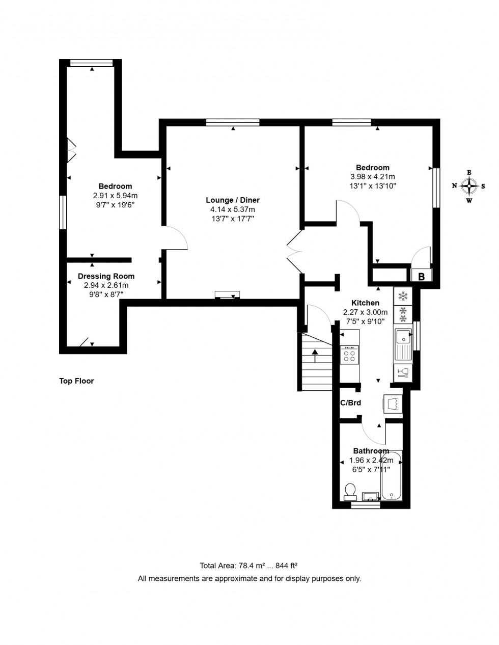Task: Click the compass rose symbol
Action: pyautogui.click(x=468, y=186)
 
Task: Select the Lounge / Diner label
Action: pyautogui.click(x=233, y=200)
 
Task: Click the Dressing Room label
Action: pyautogui.click(x=106, y=277)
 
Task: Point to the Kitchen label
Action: pyautogui.click(x=365, y=303)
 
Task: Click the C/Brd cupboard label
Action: pyautogui.click(x=350, y=403)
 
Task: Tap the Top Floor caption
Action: pyautogui.click(x=76, y=381)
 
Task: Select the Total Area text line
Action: pyautogui.click(x=249, y=566)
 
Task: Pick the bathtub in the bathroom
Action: pyautogui.click(x=392, y=476)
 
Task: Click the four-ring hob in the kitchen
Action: pyautogui.click(x=350, y=355)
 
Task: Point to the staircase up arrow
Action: pyautogui.click(x=315, y=355)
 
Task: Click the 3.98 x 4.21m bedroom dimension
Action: pyautogui.click(x=372, y=177)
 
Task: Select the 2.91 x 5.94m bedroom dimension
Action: pyautogui.click(x=115, y=196)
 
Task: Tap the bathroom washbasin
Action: pyautogui.click(x=370, y=496)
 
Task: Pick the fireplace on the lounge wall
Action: pyautogui.click(x=227, y=295)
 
